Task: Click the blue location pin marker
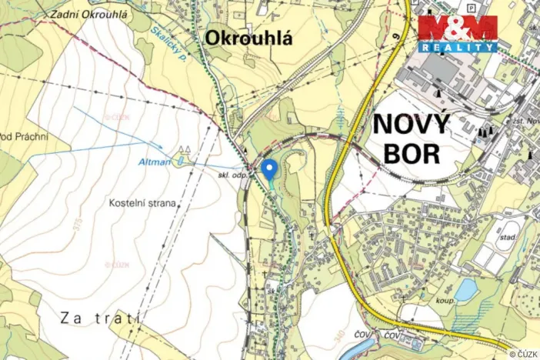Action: pos(268,169)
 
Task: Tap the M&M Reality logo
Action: pos(458,33)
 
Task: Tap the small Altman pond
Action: pos(179,160)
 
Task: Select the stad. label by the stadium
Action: pos(508,238)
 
